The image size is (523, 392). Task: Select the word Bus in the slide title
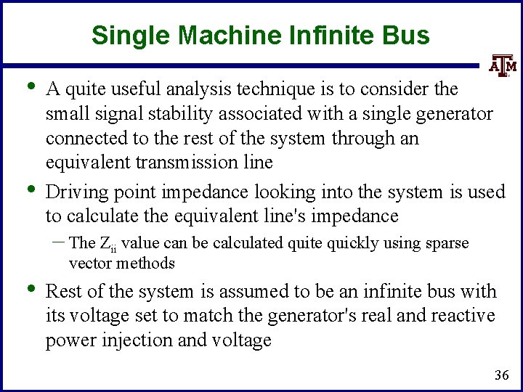(x=409, y=34)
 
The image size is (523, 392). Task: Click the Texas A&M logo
(x=500, y=65)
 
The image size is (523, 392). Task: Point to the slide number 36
(x=501, y=375)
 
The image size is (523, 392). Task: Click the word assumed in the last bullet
(x=243, y=292)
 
